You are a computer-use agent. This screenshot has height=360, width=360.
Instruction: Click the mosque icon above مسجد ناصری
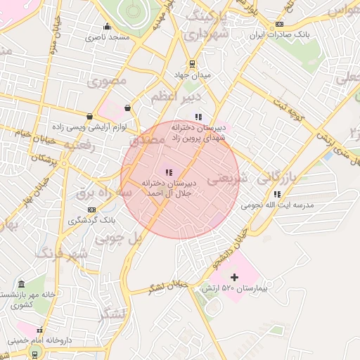[x=107, y=27]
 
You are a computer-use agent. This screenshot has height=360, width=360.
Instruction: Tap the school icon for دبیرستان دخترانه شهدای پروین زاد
[x=198, y=117]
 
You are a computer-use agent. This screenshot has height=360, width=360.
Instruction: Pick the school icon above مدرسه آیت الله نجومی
[x=278, y=194]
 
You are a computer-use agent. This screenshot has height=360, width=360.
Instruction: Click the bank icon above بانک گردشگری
[x=91, y=210]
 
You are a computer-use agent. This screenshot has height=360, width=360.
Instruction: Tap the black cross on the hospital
[x=235, y=278]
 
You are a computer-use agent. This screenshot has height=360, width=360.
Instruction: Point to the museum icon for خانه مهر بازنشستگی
[x=22, y=284]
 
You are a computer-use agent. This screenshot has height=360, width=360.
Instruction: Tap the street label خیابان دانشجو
[x=231, y=249]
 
